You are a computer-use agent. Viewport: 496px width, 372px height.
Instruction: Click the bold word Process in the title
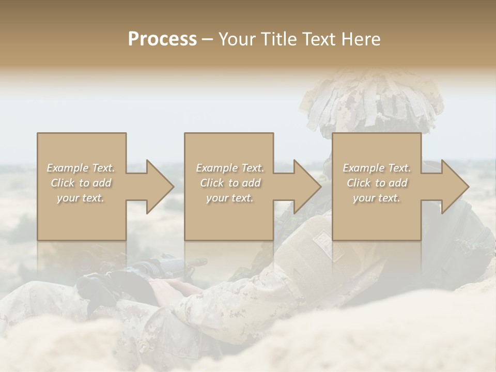coord(162,39)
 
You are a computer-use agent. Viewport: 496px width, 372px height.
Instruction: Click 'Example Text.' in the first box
coord(81,168)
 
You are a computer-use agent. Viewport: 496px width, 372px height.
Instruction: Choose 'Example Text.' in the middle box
coord(230,168)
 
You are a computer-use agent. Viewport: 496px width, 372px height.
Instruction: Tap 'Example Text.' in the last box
coord(377,168)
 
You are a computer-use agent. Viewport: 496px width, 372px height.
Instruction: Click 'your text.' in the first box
coord(81,198)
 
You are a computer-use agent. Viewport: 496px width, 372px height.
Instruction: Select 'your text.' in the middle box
coord(229,198)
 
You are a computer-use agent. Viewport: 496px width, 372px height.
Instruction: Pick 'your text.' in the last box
coord(376,198)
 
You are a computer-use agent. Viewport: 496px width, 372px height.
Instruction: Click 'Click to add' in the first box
coord(81,183)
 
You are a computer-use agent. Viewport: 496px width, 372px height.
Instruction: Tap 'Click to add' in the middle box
coord(230,183)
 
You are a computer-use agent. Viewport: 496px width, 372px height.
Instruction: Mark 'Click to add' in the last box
coord(377,183)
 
